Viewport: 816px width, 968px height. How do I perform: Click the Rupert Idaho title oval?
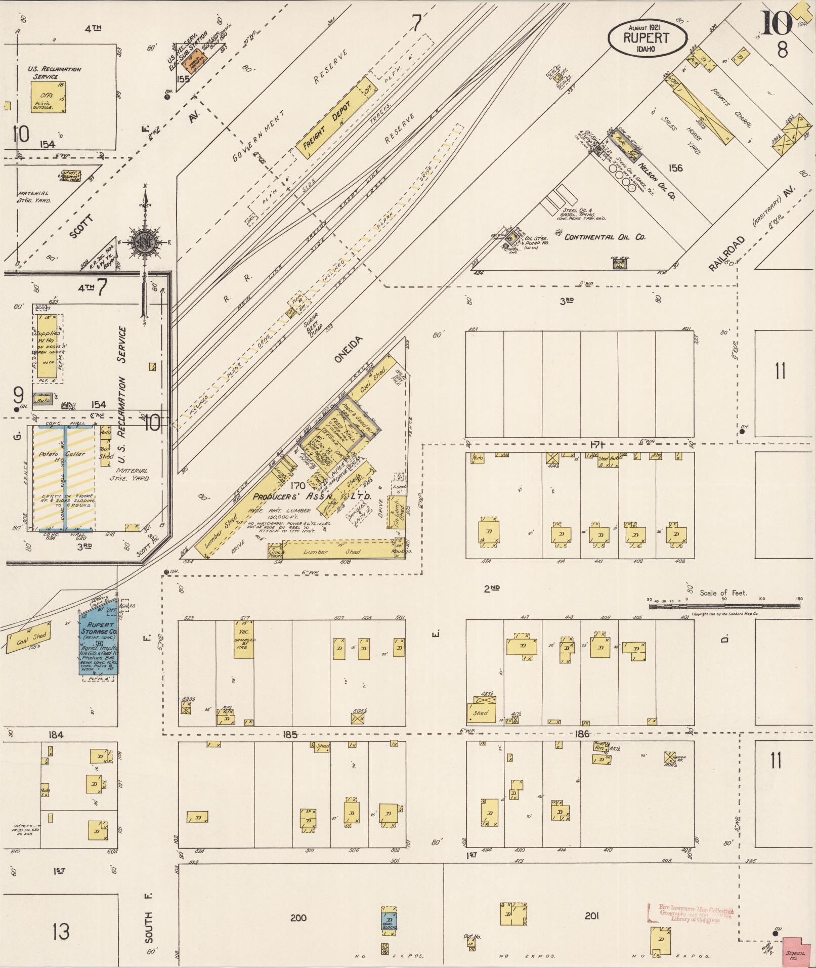coord(648,37)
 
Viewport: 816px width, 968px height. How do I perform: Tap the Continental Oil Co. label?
coord(605,237)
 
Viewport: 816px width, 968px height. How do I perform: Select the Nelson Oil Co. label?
coord(657,180)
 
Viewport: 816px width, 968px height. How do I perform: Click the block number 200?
coord(298,917)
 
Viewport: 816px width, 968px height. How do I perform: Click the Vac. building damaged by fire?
coord(243,639)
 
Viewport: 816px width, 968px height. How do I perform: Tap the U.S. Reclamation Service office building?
coord(48,97)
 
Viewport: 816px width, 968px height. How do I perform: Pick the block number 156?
coord(675,168)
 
